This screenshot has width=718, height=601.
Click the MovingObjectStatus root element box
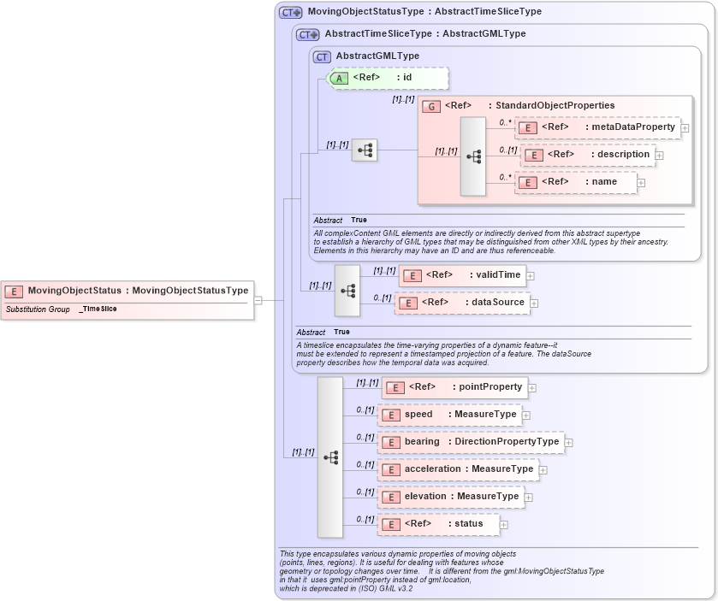(x=128, y=291)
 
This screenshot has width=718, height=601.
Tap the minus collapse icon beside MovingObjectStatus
(x=258, y=300)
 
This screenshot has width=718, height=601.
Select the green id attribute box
(x=389, y=78)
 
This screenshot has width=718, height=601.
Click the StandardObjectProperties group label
(x=551, y=106)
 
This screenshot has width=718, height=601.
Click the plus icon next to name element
(x=641, y=183)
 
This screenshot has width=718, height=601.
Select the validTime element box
(x=462, y=275)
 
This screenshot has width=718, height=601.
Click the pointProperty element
(x=454, y=387)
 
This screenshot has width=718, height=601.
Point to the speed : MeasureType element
(x=450, y=415)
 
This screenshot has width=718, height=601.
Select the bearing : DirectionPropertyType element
(x=472, y=442)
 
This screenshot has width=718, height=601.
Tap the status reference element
(x=439, y=524)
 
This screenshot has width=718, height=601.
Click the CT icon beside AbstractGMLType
(x=322, y=57)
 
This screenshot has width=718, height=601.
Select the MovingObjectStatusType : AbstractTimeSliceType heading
(x=412, y=12)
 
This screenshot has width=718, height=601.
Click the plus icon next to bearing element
(x=569, y=443)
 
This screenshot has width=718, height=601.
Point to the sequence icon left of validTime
(x=347, y=290)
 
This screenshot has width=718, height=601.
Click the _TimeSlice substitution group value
(x=98, y=309)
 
